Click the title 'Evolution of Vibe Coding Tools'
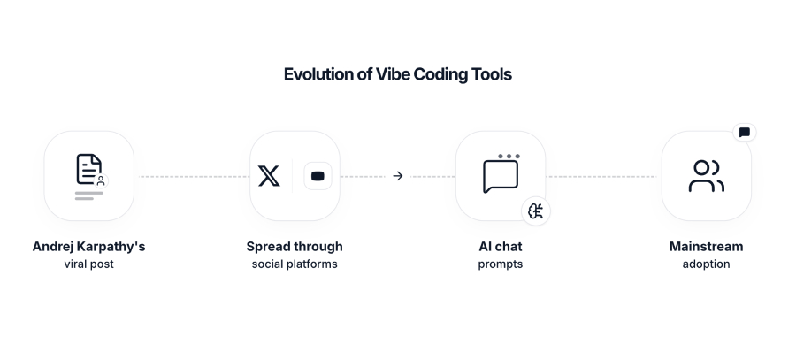[x=397, y=74]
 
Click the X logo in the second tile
[x=269, y=176]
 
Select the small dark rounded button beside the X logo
[x=318, y=176]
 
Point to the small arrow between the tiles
[x=397, y=176]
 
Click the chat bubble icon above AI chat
[x=501, y=176]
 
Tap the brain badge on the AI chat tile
[x=535, y=211]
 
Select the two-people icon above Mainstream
[x=706, y=176]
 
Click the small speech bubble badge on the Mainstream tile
[x=744, y=133]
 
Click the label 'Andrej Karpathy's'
[x=88, y=246]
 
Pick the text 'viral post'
[x=88, y=264]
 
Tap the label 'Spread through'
[x=295, y=246]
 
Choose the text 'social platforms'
[x=295, y=264]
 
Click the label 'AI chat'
[x=501, y=246]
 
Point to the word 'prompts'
[x=501, y=264]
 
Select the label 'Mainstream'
[x=706, y=246]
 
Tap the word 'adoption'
[x=706, y=264]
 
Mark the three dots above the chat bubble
[x=508, y=157]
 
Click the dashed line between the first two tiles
[x=192, y=176]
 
